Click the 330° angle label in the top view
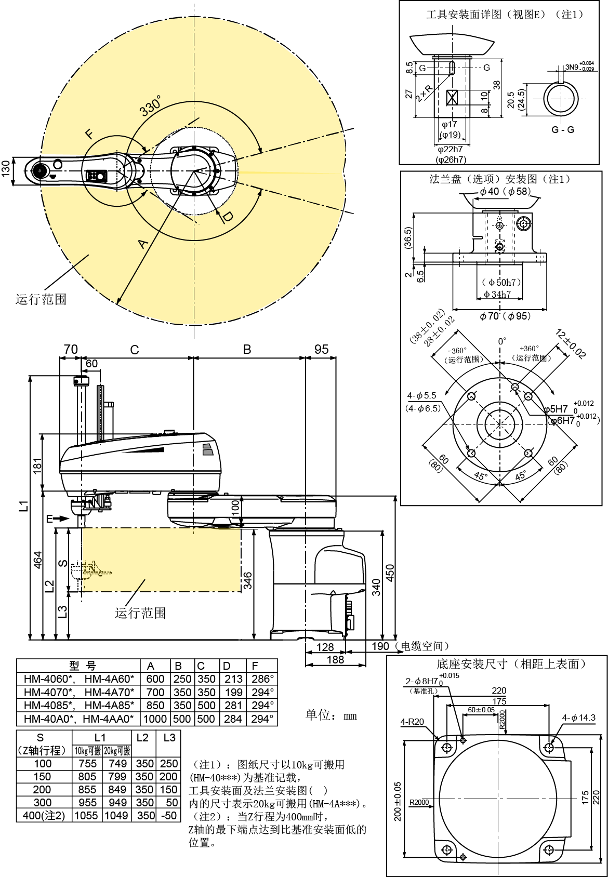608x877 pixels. (150, 105)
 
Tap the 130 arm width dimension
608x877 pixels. (6, 168)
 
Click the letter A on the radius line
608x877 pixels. (143, 244)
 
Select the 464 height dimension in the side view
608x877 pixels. (37, 560)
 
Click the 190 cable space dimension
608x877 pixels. (380, 646)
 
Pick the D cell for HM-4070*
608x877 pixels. (233, 692)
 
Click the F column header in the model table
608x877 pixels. (255, 666)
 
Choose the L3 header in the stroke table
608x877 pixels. (169, 738)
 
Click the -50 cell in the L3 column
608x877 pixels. (171, 816)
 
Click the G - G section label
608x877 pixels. (563, 129)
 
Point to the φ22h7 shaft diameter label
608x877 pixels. (450, 149)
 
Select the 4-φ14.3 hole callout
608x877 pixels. (578, 717)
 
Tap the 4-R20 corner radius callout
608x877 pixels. (412, 722)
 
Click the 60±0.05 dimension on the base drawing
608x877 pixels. (481, 710)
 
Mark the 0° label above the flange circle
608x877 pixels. (502, 341)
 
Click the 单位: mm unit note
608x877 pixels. (331, 715)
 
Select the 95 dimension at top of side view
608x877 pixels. (322, 349)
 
